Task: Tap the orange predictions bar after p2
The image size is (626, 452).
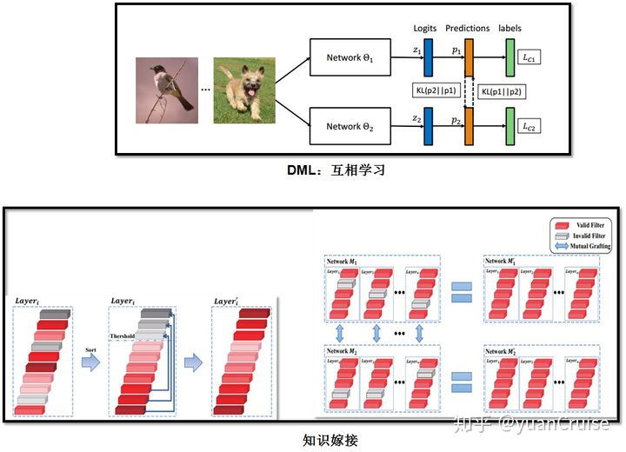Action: click(469, 127)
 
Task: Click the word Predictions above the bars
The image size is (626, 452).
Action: click(468, 29)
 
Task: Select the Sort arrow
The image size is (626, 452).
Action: click(91, 359)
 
